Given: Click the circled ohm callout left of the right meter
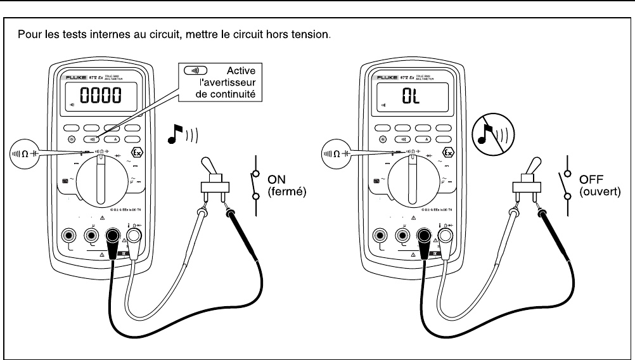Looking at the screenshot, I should [x=338, y=153].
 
